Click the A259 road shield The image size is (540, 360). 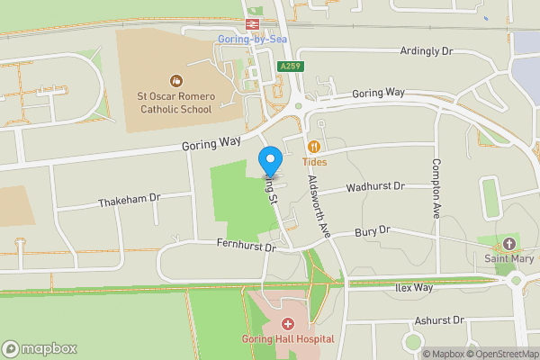coord(291,66)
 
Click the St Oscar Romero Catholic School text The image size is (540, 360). coord(174,103)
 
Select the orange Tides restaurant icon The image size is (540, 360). coord(314,147)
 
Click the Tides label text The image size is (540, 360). coord(314,162)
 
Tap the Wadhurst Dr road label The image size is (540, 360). coord(376,186)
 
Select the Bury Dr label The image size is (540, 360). coord(372,231)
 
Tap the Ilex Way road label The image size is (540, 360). coord(414,288)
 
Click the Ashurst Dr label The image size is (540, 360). coord(438,319)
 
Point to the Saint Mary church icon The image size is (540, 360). coord(508,244)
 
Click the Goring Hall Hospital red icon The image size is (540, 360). coord(287,324)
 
